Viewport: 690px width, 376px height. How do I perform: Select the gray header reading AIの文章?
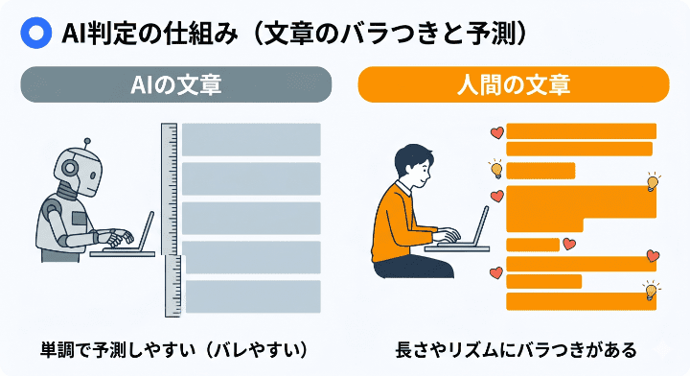(175, 84)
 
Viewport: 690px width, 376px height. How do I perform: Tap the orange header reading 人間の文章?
(513, 84)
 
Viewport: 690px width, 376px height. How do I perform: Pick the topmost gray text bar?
(251, 139)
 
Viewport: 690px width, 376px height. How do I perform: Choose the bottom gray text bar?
(252, 296)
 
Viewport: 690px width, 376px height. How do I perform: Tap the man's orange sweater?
(402, 225)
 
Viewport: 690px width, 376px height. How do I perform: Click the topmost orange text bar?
(581, 130)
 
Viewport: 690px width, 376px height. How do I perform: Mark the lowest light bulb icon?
(652, 290)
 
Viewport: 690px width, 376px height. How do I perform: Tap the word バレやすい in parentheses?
(259, 346)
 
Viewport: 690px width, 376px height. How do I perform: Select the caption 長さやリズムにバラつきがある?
(516, 346)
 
